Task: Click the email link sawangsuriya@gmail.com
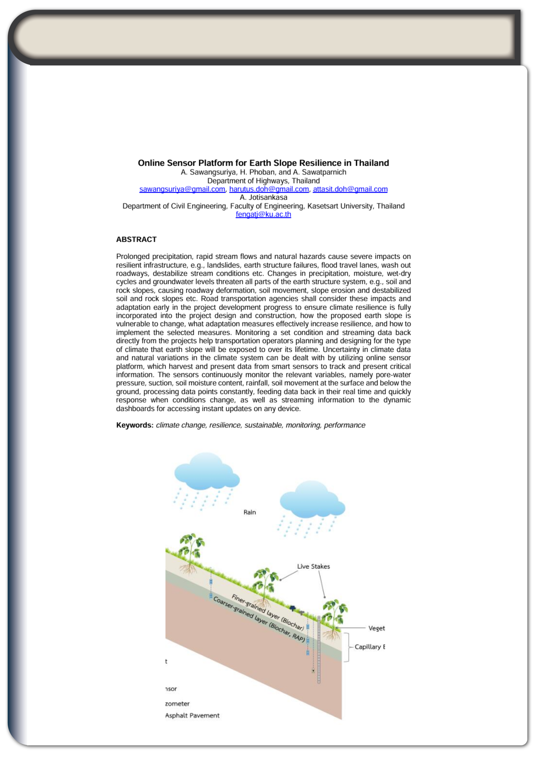(x=182, y=189)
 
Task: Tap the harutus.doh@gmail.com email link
(x=269, y=189)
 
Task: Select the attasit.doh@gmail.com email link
(x=350, y=189)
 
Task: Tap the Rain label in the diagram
(x=249, y=512)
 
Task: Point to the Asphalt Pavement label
(x=192, y=715)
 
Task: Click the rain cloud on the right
(x=312, y=500)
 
